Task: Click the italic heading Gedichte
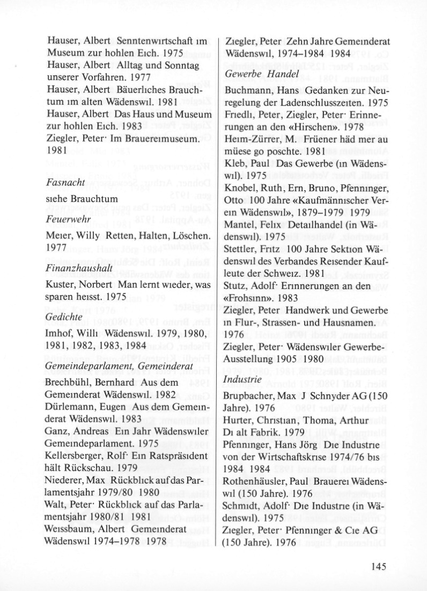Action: (x=64, y=317)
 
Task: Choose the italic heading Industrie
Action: (x=243, y=380)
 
